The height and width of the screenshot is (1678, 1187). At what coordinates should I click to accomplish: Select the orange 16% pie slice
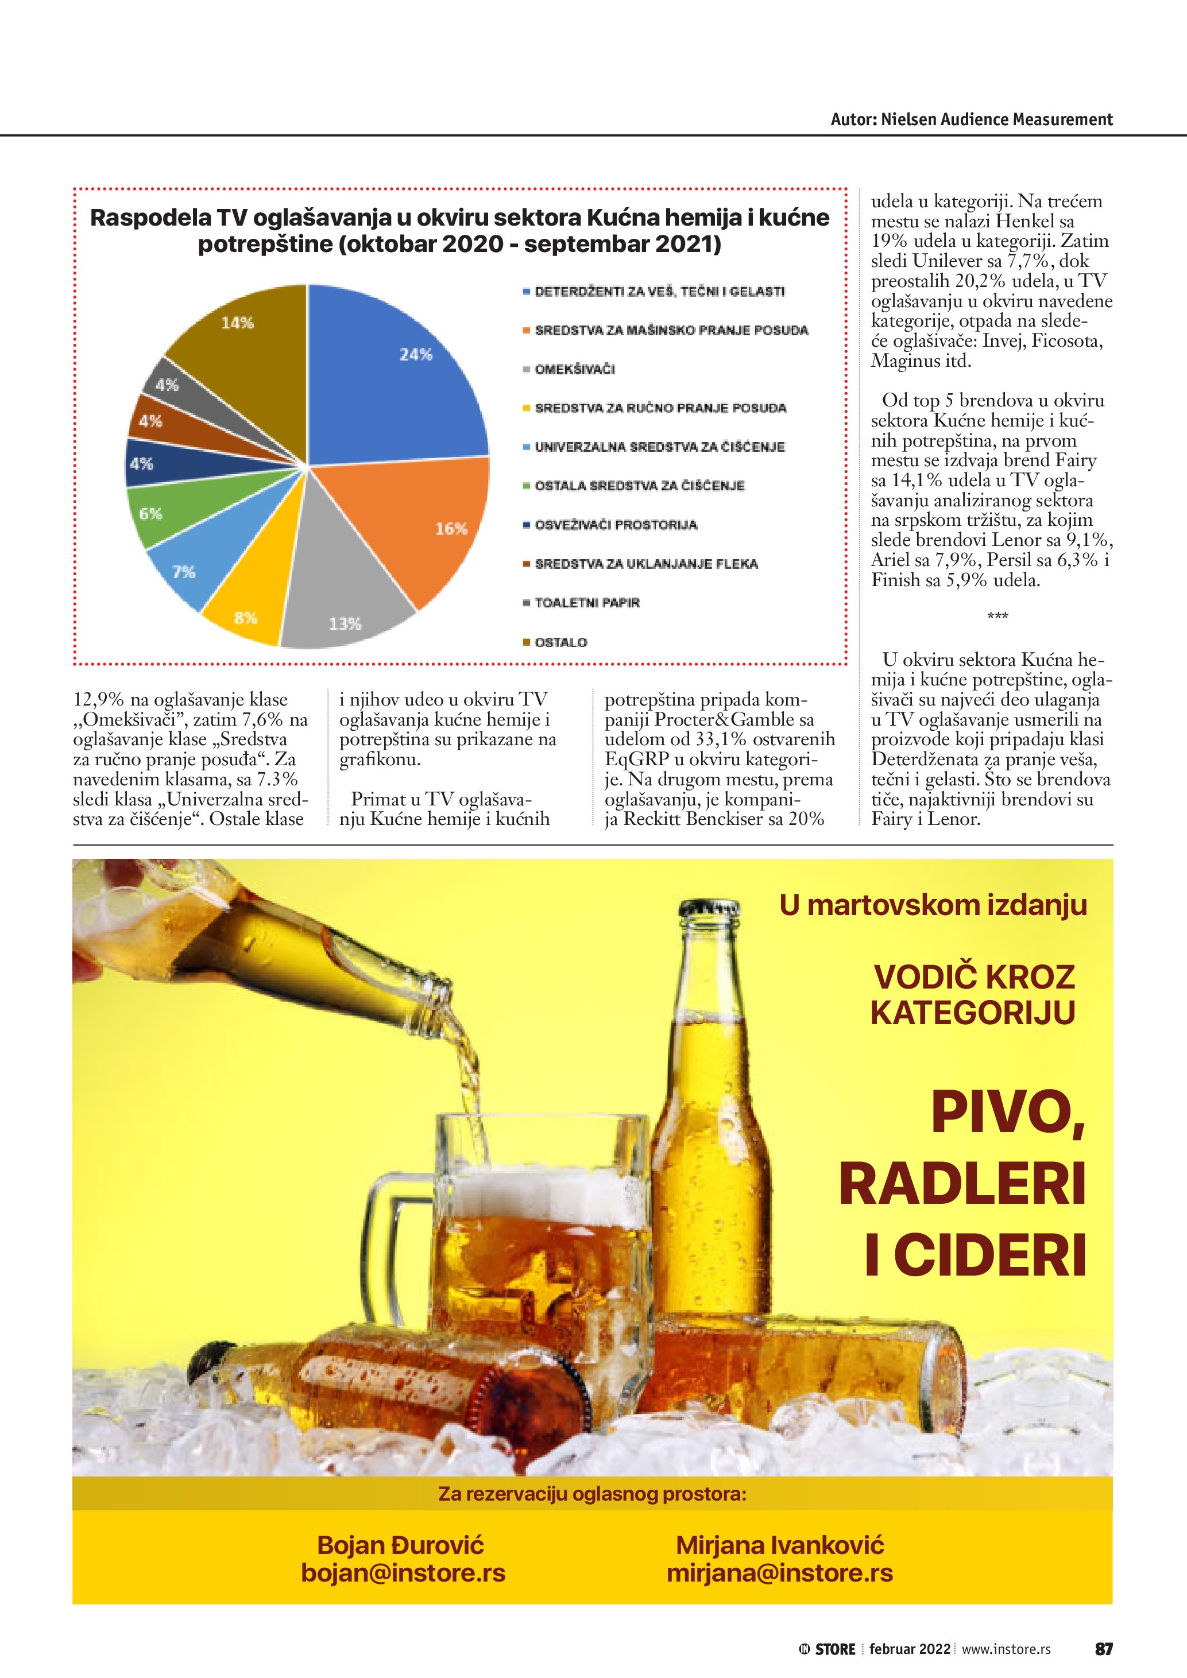424,526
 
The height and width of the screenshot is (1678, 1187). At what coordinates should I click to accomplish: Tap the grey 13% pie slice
343,599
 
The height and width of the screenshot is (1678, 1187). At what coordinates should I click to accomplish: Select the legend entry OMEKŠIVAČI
574,369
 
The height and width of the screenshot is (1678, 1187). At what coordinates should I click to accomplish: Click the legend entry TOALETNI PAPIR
586,603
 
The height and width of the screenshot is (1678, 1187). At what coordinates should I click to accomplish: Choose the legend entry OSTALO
560,642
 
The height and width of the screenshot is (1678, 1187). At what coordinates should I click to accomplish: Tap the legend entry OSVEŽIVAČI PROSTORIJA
616,525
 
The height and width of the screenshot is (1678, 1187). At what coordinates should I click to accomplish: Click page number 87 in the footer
1103,1649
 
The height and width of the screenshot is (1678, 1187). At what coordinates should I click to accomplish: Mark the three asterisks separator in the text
997,617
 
